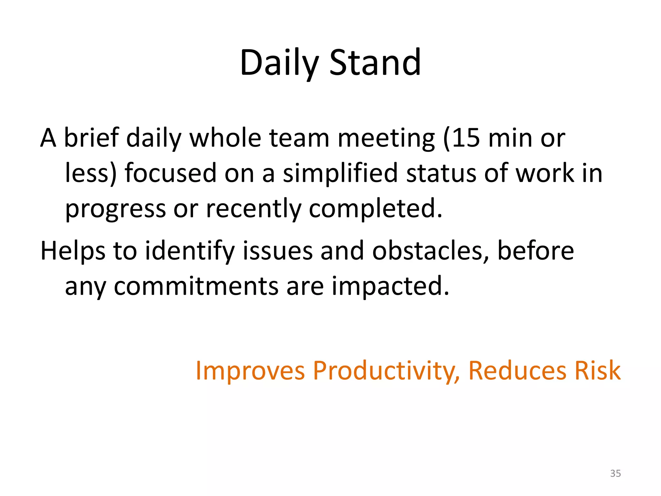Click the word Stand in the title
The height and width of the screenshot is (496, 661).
tap(375, 63)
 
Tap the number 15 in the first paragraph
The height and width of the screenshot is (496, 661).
tap(465, 138)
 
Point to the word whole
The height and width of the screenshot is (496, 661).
tap(225, 138)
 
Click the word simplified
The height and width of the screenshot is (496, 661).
tap(340, 174)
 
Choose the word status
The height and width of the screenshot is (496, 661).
tap(441, 174)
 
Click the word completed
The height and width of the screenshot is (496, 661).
tap(375, 209)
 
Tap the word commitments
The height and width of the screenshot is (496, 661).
tap(196, 286)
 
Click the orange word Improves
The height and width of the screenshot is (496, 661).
tap(250, 371)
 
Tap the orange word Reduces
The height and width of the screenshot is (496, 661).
tap(517, 371)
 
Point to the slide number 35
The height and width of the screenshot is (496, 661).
tap(615, 473)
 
